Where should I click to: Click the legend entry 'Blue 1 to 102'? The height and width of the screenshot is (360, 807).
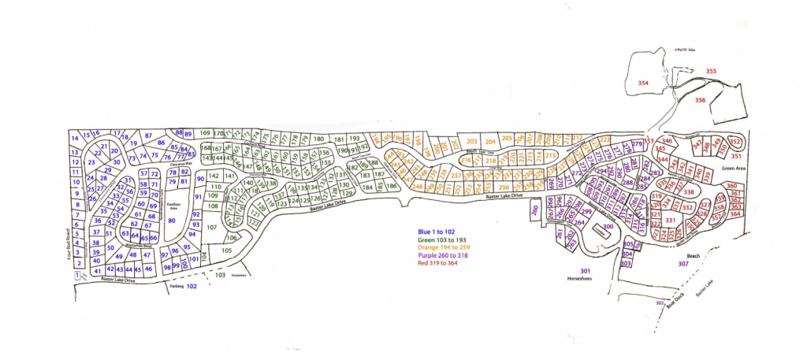[442, 230]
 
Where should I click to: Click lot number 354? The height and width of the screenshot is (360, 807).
[642, 83]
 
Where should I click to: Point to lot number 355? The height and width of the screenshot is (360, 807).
[711, 72]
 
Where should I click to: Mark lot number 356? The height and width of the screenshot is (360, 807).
[700, 101]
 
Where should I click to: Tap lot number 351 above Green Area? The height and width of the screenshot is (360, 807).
[758, 156]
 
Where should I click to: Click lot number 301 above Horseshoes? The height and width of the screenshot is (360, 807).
[585, 271]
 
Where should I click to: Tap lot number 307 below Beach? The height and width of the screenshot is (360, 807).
[682, 265]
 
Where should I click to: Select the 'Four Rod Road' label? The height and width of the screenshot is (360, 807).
[67, 243]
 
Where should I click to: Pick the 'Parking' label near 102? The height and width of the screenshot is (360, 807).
[176, 287]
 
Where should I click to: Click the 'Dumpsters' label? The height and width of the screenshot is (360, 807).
[240, 275]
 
